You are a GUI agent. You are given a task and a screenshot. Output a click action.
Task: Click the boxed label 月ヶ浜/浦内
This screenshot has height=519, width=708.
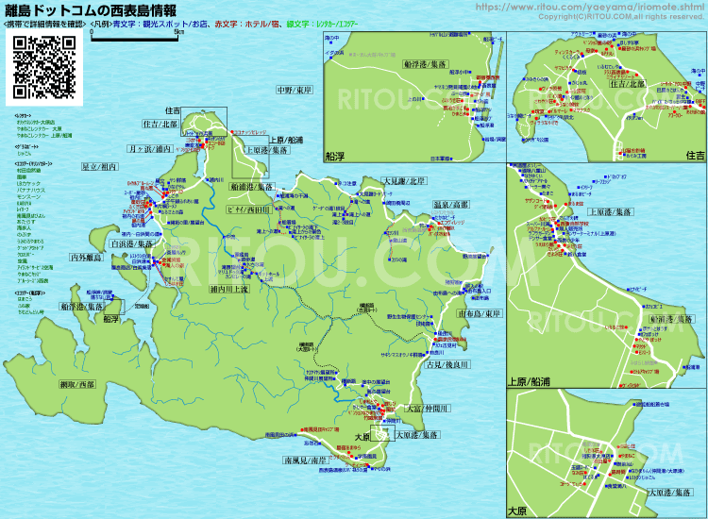click(x=151, y=148)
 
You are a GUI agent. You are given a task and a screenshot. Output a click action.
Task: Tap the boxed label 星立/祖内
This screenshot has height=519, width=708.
click(x=100, y=166)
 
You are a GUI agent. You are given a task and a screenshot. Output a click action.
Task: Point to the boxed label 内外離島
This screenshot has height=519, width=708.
click(x=88, y=257)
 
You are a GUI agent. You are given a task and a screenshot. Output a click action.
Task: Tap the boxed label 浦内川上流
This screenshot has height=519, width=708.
click(x=229, y=290)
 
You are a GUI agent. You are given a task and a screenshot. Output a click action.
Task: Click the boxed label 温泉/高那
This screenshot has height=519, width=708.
click(x=450, y=204)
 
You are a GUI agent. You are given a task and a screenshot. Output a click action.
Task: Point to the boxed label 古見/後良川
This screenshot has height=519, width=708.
click(x=447, y=363)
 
